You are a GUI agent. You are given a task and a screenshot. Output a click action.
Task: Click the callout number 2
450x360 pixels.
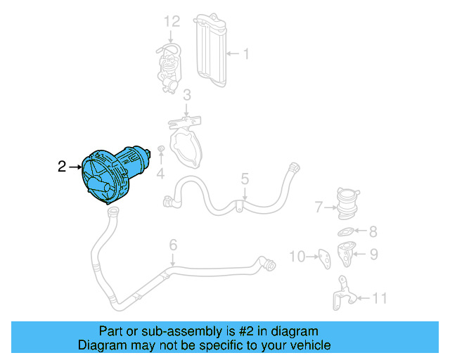point(62,167)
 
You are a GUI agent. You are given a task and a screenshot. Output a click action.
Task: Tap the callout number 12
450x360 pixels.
point(173,22)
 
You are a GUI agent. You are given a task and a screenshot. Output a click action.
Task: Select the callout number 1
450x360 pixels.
point(246,53)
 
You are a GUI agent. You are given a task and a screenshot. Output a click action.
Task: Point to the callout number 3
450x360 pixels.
point(187,96)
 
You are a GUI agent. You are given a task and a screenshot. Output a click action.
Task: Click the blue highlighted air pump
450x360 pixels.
point(112,175)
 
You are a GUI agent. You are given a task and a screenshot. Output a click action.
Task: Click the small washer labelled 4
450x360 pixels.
point(161,150)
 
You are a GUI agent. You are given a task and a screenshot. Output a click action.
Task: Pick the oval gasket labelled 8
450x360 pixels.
point(346,231)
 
